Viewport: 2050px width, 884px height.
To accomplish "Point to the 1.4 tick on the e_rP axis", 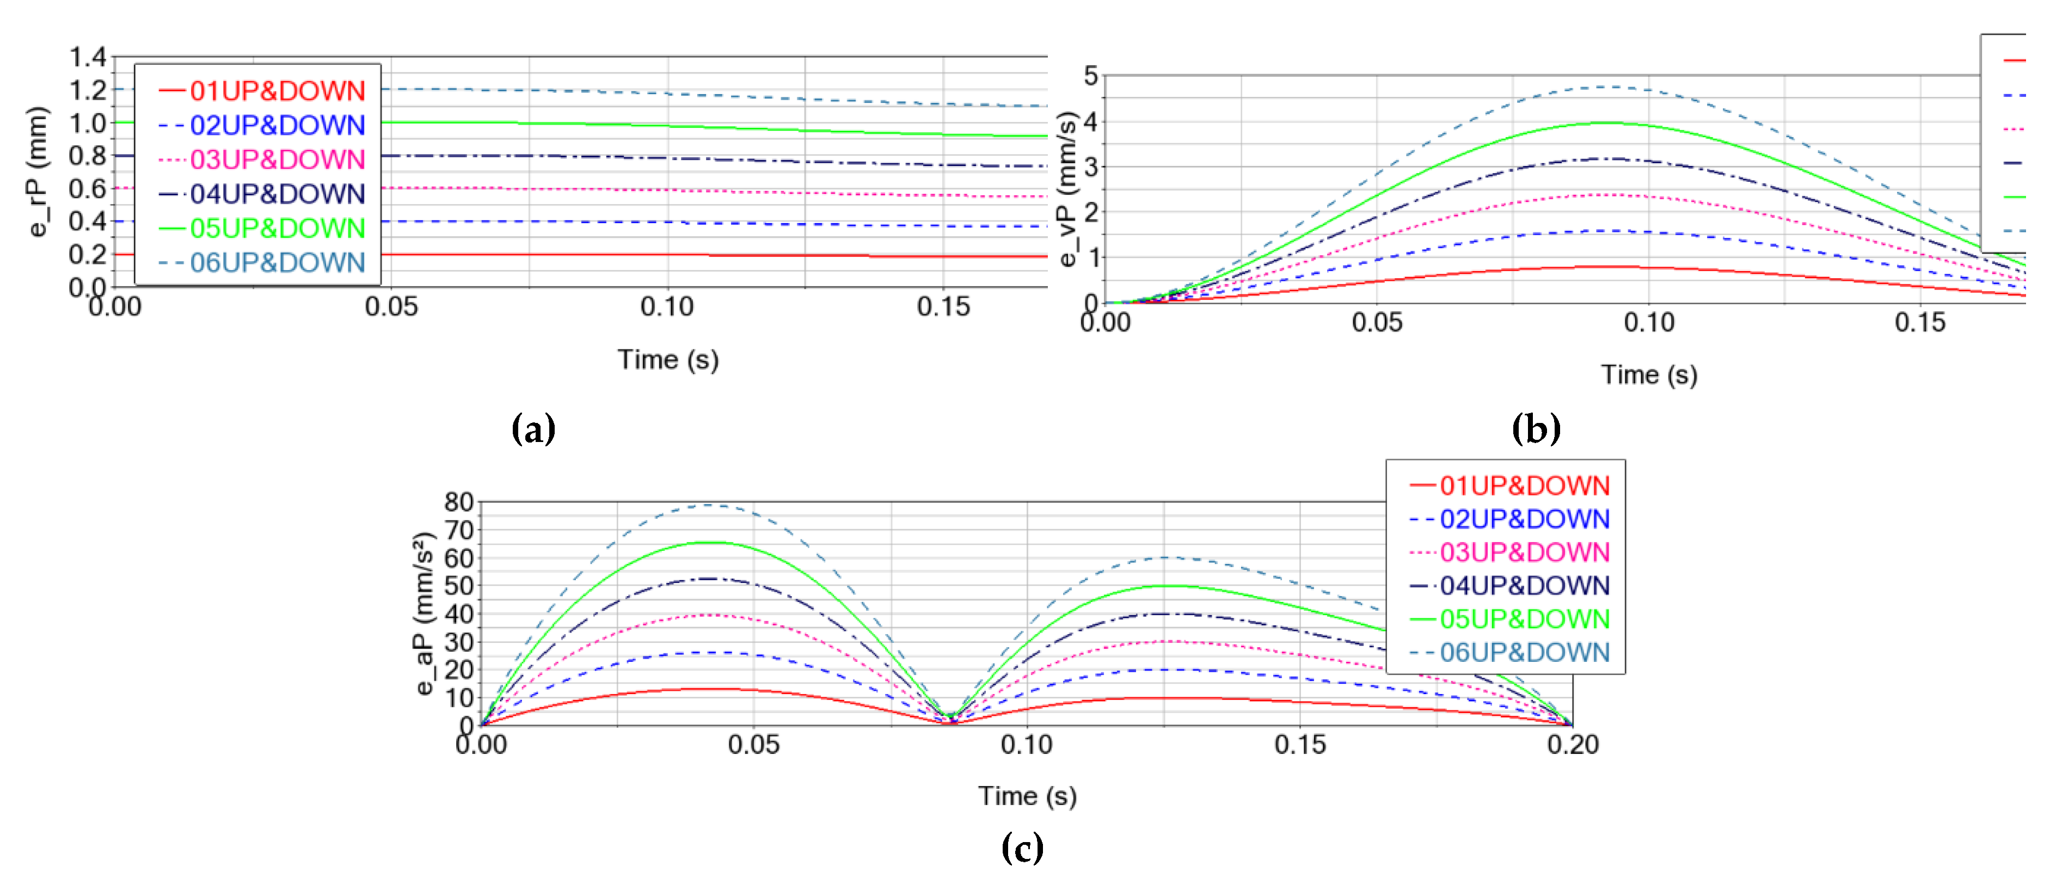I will coord(88,57).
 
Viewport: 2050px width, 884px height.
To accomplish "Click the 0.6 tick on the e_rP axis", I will coord(88,188).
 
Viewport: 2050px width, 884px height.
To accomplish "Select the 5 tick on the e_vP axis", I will coord(1090,76).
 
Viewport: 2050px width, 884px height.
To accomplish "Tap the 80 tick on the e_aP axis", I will coord(459,502).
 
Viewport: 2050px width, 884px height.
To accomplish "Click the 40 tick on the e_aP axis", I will coord(459,614).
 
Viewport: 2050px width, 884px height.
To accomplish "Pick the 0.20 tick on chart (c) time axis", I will coord(1573,745).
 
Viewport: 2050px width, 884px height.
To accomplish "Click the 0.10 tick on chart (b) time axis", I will coord(1649,323).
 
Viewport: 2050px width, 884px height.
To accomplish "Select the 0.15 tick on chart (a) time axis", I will coord(943,307).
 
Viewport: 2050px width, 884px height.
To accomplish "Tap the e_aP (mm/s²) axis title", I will coord(425,613).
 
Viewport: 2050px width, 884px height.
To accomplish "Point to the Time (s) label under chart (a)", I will coord(668,360).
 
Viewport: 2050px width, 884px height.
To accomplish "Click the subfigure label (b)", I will coord(1536,429).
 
